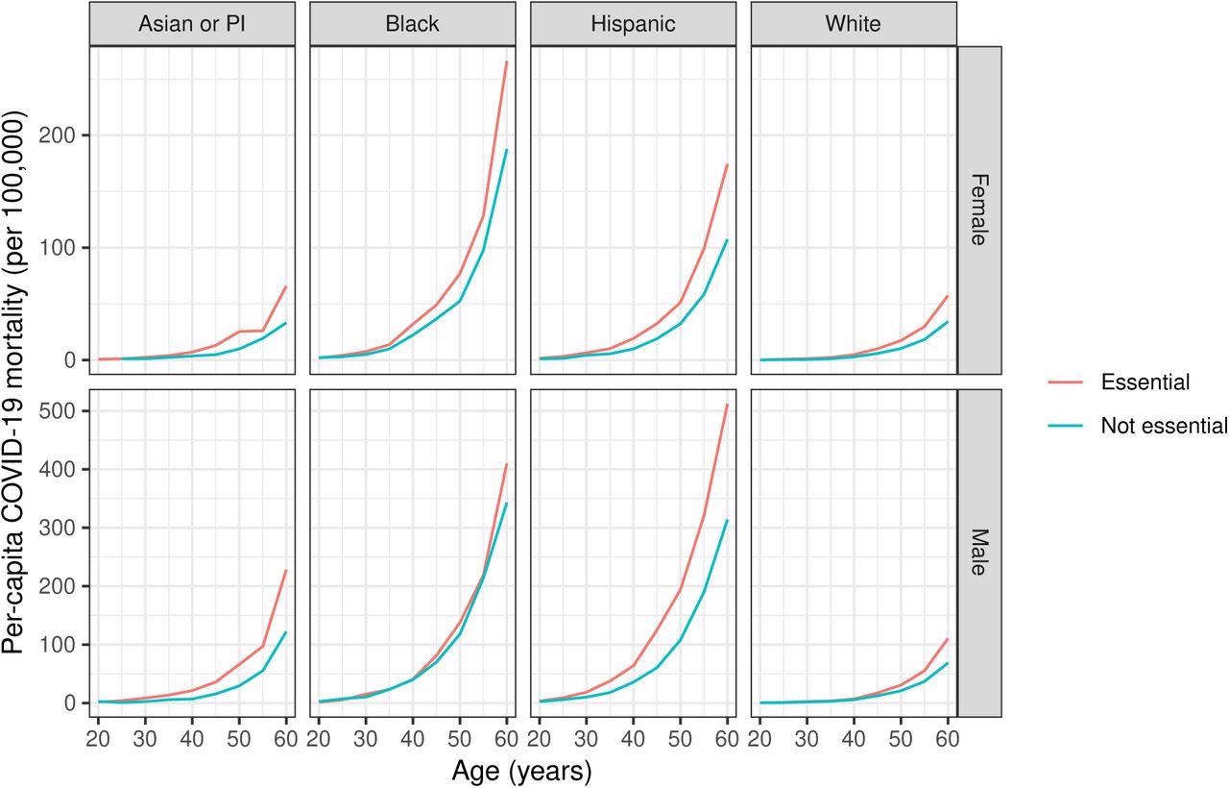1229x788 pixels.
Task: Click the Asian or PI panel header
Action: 192,24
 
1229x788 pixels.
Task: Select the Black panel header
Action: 412,24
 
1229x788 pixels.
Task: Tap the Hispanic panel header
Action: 633,24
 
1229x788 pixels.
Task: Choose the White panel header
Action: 853,24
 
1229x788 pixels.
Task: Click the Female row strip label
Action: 979,209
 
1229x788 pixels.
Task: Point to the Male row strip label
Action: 979,553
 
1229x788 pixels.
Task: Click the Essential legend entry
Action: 1145,382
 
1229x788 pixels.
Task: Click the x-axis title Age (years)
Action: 521,771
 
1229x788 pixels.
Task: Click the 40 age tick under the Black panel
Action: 413,738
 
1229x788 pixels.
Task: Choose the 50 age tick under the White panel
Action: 901,738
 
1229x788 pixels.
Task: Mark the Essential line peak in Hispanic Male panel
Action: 728,405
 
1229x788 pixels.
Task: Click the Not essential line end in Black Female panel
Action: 507,150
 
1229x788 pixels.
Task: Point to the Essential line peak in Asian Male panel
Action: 286,570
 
